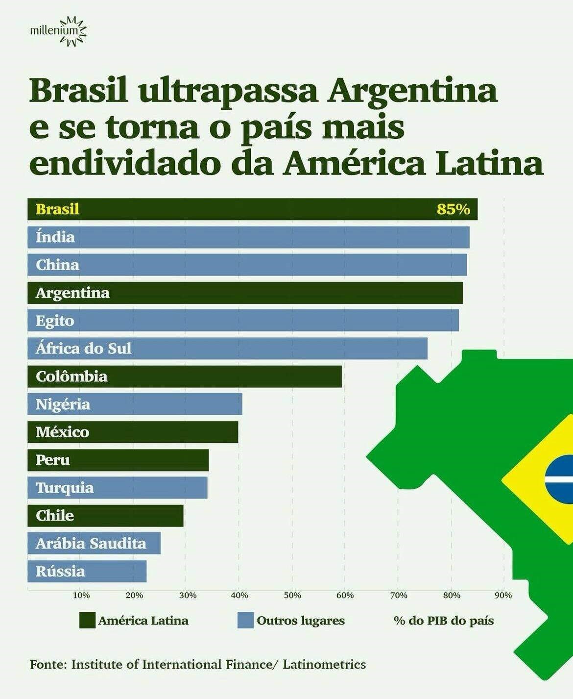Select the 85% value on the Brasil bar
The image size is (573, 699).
click(x=453, y=210)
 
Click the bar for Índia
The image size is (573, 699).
click(x=248, y=237)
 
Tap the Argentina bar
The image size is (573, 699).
click(x=245, y=293)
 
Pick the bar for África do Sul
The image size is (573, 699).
click(x=227, y=349)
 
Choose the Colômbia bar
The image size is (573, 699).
click(x=185, y=376)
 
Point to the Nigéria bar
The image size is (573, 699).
click(x=135, y=404)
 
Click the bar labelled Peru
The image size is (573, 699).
click(x=118, y=460)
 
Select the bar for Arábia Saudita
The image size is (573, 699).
click(x=94, y=544)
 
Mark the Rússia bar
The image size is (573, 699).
click(x=87, y=572)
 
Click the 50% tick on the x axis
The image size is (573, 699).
click(x=292, y=596)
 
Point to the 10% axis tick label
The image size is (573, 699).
click(x=81, y=596)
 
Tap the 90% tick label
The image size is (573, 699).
click(x=503, y=596)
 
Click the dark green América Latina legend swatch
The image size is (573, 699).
click(x=87, y=621)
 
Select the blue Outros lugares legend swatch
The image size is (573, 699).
click(x=245, y=621)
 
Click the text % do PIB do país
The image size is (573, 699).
click(x=444, y=621)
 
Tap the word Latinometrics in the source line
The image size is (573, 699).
click(x=324, y=665)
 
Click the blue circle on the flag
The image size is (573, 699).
click(x=560, y=479)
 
